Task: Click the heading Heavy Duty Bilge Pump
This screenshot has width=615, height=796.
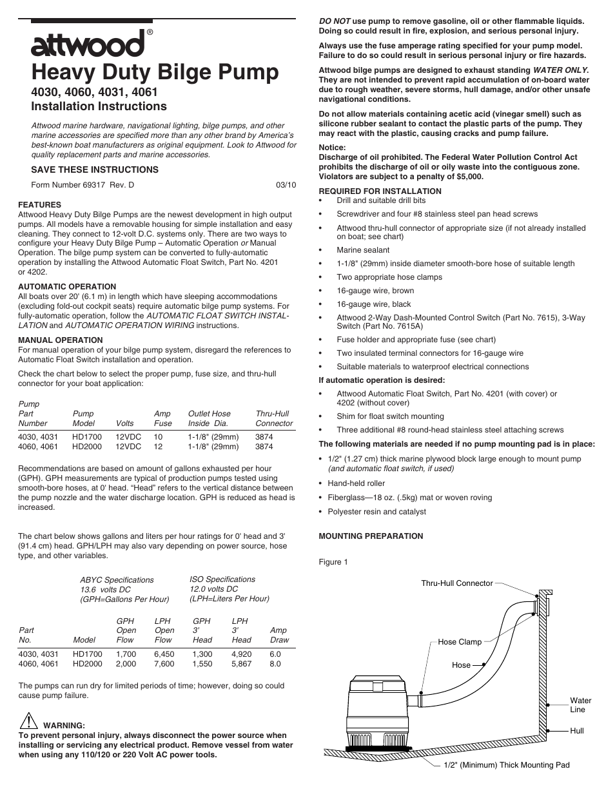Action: [155, 72]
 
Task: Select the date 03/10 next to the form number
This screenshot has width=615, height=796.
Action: [286, 184]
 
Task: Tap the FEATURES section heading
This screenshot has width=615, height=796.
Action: [39, 205]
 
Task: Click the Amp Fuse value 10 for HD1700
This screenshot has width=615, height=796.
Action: [158, 436]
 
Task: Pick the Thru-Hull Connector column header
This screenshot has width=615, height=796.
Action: [274, 418]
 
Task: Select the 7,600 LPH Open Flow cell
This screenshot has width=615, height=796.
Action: [164, 663]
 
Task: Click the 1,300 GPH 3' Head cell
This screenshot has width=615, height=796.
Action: [202, 654]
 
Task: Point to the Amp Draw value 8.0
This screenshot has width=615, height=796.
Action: [275, 663]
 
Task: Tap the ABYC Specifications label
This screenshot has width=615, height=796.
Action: [117, 580]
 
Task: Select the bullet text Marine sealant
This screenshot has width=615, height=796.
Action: [363, 250]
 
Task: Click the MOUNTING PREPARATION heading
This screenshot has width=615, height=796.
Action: [371, 536]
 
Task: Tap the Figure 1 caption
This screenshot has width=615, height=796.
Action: [333, 562]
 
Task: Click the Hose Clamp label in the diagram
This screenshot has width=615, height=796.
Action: [460, 641]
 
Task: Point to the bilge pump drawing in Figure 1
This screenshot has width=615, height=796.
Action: [380, 712]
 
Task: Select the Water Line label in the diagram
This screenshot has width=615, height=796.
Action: [580, 705]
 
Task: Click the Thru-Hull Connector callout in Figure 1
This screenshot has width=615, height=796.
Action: [456, 583]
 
